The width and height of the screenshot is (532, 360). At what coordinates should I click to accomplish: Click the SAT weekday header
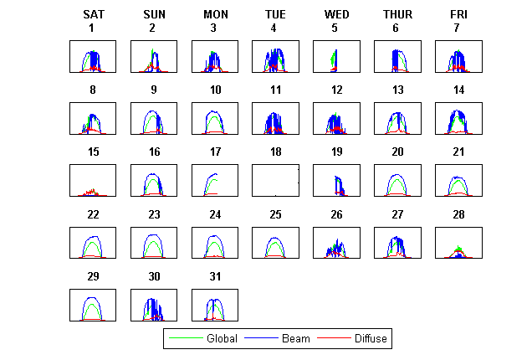click(94, 14)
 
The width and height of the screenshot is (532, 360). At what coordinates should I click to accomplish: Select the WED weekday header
click(336, 14)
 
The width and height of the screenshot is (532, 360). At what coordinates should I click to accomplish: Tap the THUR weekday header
click(397, 14)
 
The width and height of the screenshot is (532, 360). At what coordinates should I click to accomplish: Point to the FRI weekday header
click(458, 14)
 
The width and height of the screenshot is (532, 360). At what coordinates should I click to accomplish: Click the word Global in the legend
click(222, 339)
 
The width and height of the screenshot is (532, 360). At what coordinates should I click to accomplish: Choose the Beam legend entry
click(296, 339)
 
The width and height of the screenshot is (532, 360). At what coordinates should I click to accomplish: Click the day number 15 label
click(93, 152)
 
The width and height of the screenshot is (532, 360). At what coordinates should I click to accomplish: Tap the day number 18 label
click(275, 152)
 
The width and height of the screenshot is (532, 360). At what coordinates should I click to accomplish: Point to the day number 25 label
click(275, 213)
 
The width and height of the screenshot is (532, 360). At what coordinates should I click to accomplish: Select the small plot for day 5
click(336, 56)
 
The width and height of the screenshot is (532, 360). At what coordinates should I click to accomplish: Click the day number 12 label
click(336, 90)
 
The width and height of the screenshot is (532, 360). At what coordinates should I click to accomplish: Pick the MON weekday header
click(214, 14)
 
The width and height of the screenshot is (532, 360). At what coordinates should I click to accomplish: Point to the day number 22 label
click(93, 213)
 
